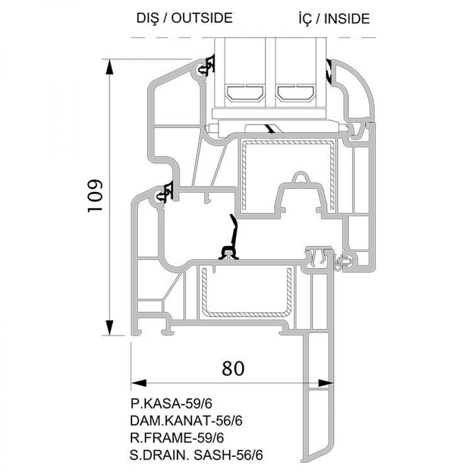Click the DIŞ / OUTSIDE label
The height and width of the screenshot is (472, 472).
click(x=185, y=18)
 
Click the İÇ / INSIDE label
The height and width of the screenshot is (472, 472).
click(x=334, y=19)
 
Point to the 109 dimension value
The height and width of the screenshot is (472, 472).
click(x=95, y=196)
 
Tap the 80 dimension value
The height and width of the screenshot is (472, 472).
click(x=233, y=368)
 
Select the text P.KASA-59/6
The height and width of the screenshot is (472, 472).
click(x=171, y=404)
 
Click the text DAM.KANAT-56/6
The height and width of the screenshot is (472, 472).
click(x=186, y=421)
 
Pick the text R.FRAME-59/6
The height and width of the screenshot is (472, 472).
click(x=177, y=438)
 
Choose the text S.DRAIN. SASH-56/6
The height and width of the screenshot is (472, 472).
click(x=196, y=455)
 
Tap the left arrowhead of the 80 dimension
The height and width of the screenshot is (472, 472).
click(x=139, y=383)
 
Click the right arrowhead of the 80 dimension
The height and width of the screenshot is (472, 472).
click(x=326, y=383)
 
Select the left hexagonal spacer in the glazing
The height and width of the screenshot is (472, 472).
click(x=245, y=93)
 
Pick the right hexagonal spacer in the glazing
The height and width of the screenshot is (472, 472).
click(x=296, y=93)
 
